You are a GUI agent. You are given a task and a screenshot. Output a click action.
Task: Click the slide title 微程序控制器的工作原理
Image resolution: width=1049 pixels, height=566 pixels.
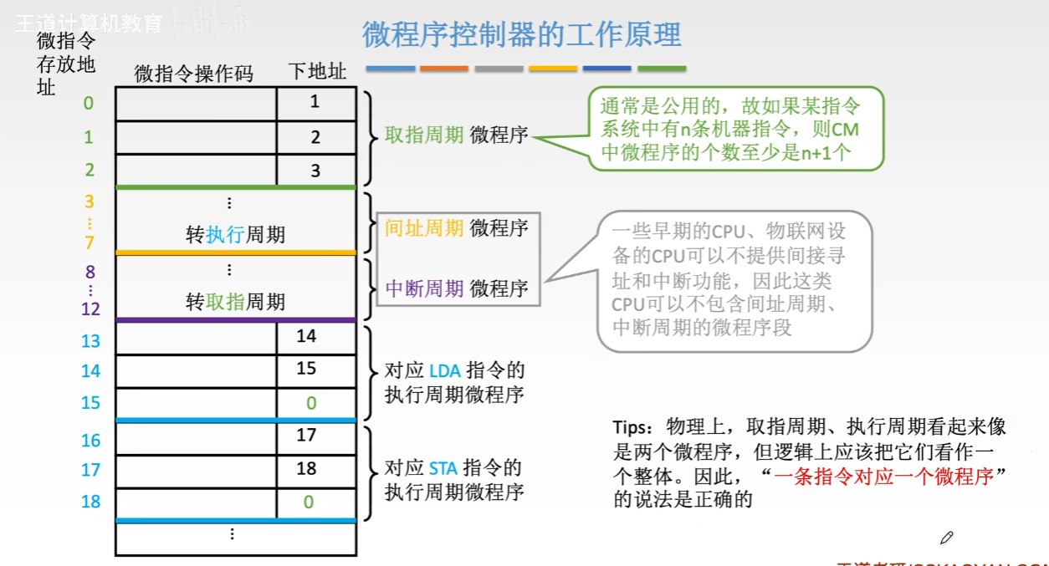521,35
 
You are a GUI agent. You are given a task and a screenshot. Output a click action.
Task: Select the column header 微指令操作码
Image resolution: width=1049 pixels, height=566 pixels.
193,74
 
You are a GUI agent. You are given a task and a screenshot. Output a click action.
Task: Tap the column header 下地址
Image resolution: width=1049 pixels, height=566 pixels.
316,72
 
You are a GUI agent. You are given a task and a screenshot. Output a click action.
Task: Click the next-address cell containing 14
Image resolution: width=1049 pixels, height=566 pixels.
307,336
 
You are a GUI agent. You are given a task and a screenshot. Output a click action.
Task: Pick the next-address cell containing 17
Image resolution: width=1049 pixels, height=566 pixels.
307,435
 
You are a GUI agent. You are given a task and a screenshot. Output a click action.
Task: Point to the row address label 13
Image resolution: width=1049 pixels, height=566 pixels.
90,341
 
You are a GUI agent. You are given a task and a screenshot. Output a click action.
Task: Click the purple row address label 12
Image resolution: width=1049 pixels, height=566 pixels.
90,308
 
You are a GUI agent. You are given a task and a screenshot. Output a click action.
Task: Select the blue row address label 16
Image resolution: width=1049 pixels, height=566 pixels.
90,441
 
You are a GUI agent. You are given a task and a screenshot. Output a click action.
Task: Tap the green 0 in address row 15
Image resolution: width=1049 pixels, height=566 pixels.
311,403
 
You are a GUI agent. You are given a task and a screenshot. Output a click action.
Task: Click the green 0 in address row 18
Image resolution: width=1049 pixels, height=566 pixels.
309,502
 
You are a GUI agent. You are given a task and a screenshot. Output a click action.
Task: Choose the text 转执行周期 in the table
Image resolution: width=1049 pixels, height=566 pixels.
235,235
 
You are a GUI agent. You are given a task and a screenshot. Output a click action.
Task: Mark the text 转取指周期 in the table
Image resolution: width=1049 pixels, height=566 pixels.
235,302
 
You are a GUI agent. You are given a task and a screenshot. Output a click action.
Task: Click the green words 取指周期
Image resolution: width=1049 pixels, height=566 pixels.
424,135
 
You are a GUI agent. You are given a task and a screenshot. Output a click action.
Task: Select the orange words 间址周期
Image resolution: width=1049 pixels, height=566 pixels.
424,227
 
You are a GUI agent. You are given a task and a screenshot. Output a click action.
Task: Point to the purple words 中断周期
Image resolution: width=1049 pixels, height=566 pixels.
424,288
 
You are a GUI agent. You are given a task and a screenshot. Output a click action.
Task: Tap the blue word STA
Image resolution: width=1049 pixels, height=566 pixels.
443,468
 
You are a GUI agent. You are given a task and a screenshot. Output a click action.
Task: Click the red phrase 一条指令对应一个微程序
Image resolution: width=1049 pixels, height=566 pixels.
883,478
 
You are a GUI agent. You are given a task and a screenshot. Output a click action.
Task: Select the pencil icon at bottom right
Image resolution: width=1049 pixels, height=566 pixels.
946,538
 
